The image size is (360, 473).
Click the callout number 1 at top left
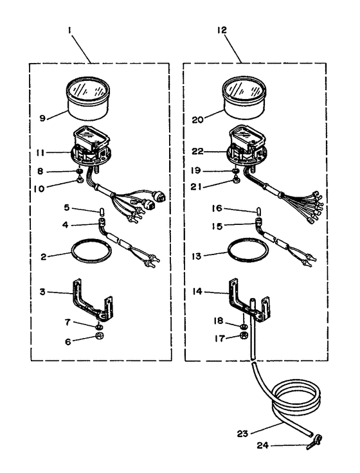coord(69,30)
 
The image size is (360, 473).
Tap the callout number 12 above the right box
coord(222,30)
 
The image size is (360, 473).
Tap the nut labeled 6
coord(98,335)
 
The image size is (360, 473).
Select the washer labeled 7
coord(98,326)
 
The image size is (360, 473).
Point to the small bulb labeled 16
coord(259,210)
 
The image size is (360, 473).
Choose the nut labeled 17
coord(244,335)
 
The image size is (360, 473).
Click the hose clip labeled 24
coord(315,443)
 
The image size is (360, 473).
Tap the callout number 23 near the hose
coord(242,434)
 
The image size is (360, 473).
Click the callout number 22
coord(197,152)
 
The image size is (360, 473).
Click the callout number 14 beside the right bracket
coord(197,292)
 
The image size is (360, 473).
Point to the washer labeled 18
coord(244,326)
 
